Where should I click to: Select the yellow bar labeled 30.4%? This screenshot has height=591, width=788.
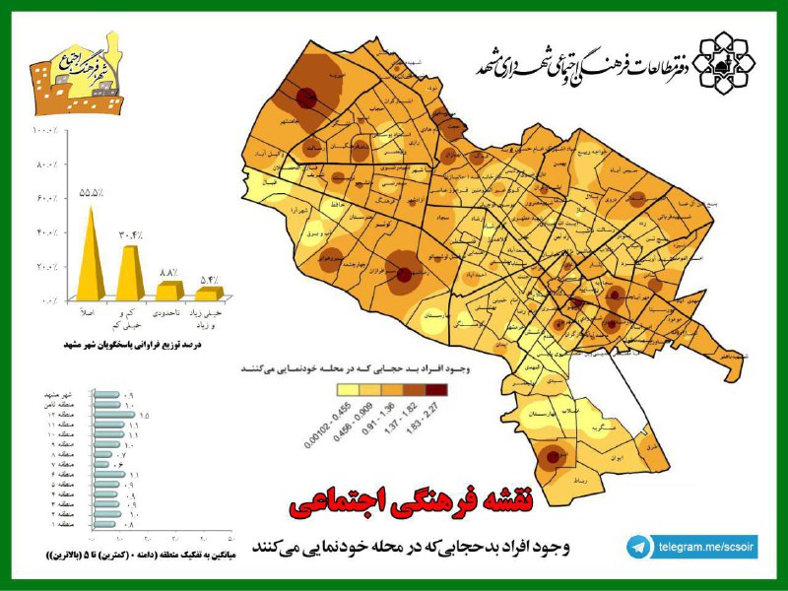[130, 272]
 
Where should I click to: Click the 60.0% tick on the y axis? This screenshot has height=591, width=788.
[46, 200]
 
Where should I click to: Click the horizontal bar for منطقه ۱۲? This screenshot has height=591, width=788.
[113, 415]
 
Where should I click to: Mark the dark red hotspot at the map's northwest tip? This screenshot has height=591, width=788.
[306, 97]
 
